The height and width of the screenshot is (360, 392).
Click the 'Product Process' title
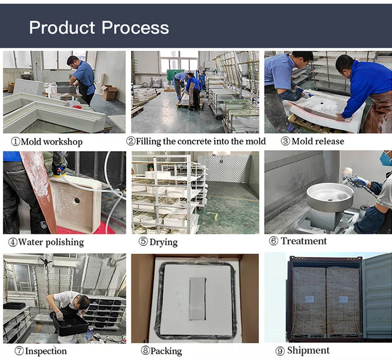(99, 27)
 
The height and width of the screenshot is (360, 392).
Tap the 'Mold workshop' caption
(52, 142)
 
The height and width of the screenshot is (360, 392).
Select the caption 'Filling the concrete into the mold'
(201, 141)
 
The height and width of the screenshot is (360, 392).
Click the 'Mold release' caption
(318, 141)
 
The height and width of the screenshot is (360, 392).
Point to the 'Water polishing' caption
(51, 242)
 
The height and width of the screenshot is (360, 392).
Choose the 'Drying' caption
(164, 242)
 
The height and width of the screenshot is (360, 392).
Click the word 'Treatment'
(304, 241)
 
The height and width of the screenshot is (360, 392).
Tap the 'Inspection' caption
(46, 351)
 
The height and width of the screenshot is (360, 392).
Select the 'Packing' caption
(166, 351)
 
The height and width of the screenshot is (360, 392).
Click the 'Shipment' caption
(308, 350)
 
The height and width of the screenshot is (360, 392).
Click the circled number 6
(273, 241)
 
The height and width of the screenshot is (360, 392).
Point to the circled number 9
(280, 351)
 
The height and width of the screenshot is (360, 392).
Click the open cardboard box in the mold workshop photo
(109, 92)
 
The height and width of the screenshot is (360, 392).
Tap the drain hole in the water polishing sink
(77, 200)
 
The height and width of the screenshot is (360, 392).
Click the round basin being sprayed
(330, 197)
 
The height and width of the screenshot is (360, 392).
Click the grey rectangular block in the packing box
(198, 299)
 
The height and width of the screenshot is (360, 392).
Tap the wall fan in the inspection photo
(46, 261)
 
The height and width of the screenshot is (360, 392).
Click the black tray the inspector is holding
(70, 325)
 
